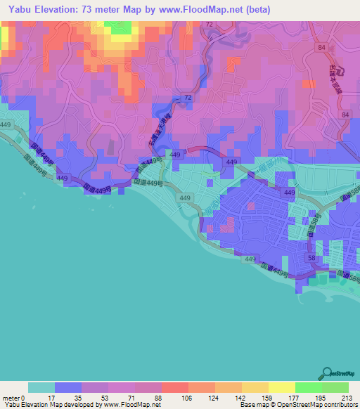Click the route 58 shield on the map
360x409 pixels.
tap(311, 259)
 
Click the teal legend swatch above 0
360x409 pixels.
tap(41, 387)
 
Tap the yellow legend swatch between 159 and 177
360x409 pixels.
tap(282, 387)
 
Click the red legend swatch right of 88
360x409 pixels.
tap(175, 387)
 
